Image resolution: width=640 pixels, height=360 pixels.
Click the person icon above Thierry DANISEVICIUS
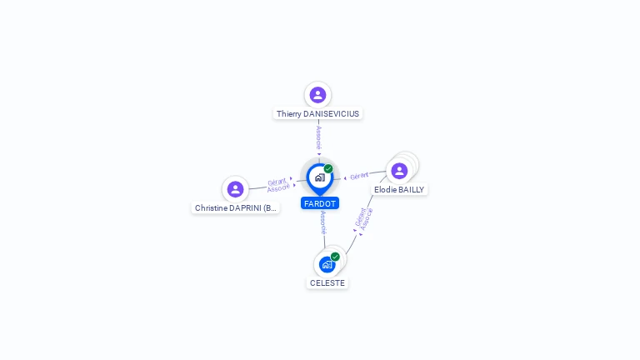[317, 95]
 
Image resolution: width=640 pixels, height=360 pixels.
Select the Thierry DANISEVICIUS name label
[317, 114]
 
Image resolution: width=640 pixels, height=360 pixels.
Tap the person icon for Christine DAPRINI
[235, 189]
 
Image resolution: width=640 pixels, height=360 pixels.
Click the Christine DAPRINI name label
[236, 208]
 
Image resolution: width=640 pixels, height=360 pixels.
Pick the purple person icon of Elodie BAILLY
[399, 171]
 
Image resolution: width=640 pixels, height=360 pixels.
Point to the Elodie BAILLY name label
[399, 189]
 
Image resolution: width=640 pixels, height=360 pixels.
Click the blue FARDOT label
[320, 203]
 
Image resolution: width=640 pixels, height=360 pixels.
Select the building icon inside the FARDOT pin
[320, 177]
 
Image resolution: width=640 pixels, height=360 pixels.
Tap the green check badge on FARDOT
[328, 168]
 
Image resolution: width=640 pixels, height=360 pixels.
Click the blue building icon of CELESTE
[327, 265]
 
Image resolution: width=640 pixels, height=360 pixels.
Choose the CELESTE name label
[327, 282]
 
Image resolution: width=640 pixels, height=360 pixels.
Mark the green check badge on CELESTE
[335, 257]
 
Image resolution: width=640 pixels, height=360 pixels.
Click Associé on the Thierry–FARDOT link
[319, 138]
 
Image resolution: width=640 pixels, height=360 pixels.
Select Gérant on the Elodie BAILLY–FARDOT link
[359, 176]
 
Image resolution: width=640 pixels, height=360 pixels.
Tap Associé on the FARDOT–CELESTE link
[323, 222]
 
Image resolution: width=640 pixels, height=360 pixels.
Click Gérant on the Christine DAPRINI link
[277, 182]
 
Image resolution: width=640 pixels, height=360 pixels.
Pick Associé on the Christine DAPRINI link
[278, 188]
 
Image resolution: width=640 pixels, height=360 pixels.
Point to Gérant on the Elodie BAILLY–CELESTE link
[360, 217]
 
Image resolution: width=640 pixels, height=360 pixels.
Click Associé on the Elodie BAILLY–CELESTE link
[367, 219]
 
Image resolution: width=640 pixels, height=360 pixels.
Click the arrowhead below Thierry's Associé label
[319, 154]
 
